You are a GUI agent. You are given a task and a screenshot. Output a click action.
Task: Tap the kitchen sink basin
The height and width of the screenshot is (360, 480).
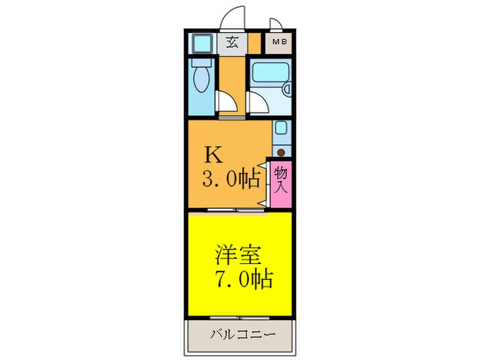pos(280,128)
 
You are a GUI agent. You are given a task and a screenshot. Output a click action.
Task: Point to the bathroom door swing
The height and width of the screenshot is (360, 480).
pos(257,101)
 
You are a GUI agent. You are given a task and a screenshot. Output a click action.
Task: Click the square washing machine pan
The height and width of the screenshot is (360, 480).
pos(202,44)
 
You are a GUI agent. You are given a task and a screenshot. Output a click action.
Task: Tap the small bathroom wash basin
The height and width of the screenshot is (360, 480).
pos(288,89)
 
